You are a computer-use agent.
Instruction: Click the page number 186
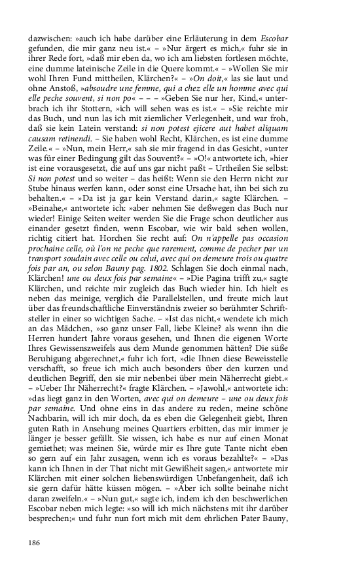click(x=35, y=542)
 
